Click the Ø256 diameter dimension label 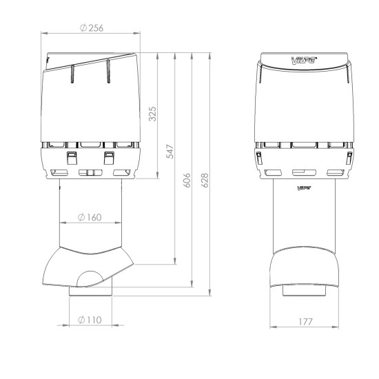[96, 27]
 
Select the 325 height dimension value [153, 114]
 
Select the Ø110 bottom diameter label [90, 318]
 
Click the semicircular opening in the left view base [90, 279]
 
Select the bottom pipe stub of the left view [90, 294]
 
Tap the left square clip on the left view [71, 158]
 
